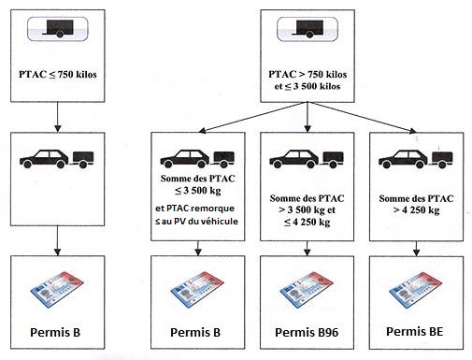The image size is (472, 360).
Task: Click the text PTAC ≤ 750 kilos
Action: pos(58,75)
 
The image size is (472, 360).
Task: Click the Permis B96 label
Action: pos(307,332)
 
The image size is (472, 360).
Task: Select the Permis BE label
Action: pos(415,331)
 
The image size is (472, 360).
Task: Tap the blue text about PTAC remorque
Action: pos(196,215)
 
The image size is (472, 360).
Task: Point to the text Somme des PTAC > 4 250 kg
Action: pos(416,205)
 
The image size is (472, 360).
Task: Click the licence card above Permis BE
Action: pos(416,290)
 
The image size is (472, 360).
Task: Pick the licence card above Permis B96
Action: pos(307,290)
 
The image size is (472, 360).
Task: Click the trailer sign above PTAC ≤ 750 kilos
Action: pos(58,29)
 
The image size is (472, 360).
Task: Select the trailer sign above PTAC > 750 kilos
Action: pos(308,29)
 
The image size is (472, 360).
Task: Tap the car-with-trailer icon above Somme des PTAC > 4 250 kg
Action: pos(416,159)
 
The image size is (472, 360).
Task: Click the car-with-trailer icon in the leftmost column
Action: pos(57,159)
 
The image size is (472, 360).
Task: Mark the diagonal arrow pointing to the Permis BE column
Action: pos(362,117)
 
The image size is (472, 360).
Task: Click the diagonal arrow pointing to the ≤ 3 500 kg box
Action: pos(252,117)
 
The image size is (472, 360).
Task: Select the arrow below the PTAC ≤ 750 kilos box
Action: pos(58,117)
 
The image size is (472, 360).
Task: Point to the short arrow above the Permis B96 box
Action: pos(308,249)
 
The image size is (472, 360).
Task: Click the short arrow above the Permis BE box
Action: pos(416,249)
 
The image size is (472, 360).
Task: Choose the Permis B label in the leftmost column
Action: pos(55,332)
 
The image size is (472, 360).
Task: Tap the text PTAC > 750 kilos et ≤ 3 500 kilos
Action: pos(308,80)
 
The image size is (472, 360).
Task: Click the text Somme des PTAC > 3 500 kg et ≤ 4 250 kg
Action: pos(307,210)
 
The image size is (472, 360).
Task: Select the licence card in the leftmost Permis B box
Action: pos(57,290)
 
